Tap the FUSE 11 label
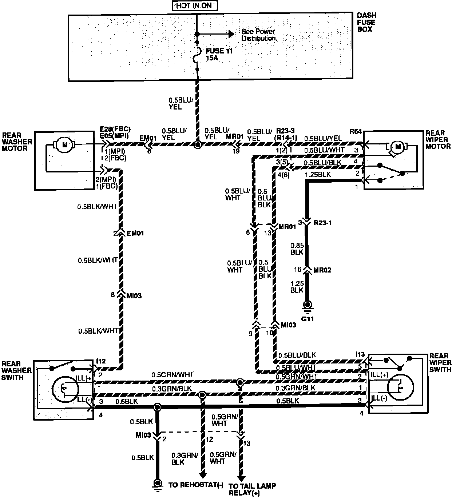tap(219, 51)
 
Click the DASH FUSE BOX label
tap(366, 22)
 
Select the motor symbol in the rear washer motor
tap(65, 145)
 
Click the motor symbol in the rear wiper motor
tap(397, 147)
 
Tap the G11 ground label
tap(308, 319)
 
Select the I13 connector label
tap(360, 354)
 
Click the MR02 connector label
tap(323, 270)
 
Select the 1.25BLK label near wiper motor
tap(318, 175)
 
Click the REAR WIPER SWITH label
tap(440, 363)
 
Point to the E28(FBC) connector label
tap(115, 129)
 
